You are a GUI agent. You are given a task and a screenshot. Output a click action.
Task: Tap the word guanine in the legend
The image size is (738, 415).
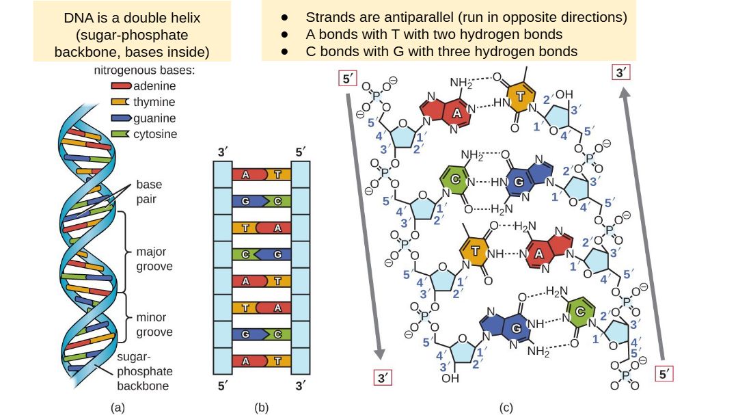coord(155,118)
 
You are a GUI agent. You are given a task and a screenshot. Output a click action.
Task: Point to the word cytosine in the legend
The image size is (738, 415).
coord(155,134)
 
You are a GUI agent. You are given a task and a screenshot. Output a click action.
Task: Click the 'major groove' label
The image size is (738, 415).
coord(154,258)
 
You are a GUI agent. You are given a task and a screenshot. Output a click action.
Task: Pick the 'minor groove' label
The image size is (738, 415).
coord(154,325)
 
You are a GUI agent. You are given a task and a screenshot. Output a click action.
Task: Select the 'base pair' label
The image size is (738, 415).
coord(149,191)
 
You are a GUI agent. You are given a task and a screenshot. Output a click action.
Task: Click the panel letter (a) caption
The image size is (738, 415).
coord(118,407)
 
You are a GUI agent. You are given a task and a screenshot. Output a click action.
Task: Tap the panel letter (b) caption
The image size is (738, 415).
coord(261,407)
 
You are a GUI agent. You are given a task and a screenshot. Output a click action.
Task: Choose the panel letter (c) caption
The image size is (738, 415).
coord(506,407)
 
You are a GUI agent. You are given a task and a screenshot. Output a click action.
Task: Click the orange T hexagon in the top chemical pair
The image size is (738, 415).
coord(521,98)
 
